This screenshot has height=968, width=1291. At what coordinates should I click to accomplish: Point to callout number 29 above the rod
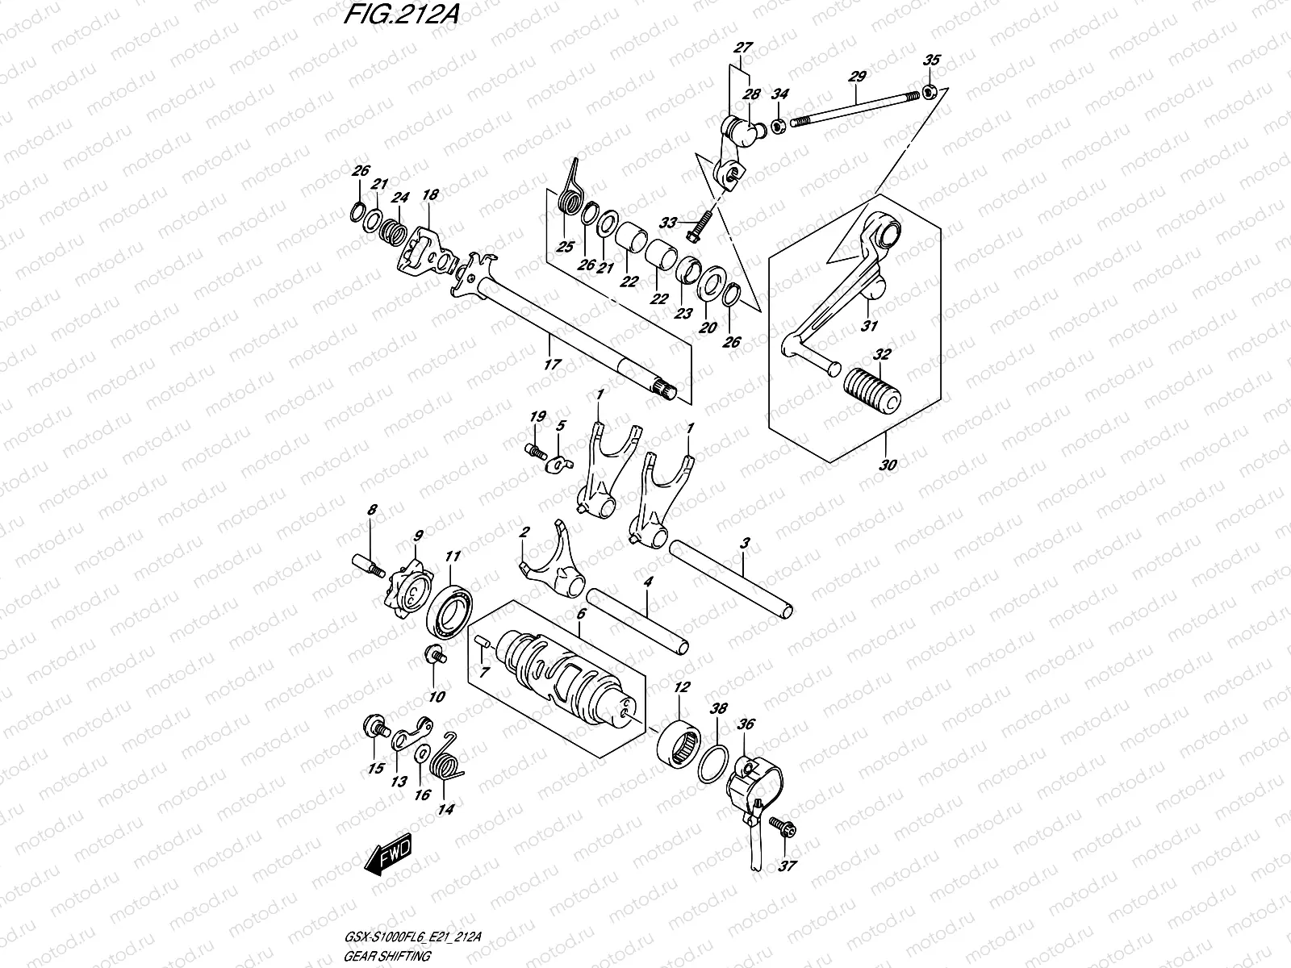[x=857, y=77]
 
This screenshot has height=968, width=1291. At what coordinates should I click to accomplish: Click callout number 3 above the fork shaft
[x=745, y=544]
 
